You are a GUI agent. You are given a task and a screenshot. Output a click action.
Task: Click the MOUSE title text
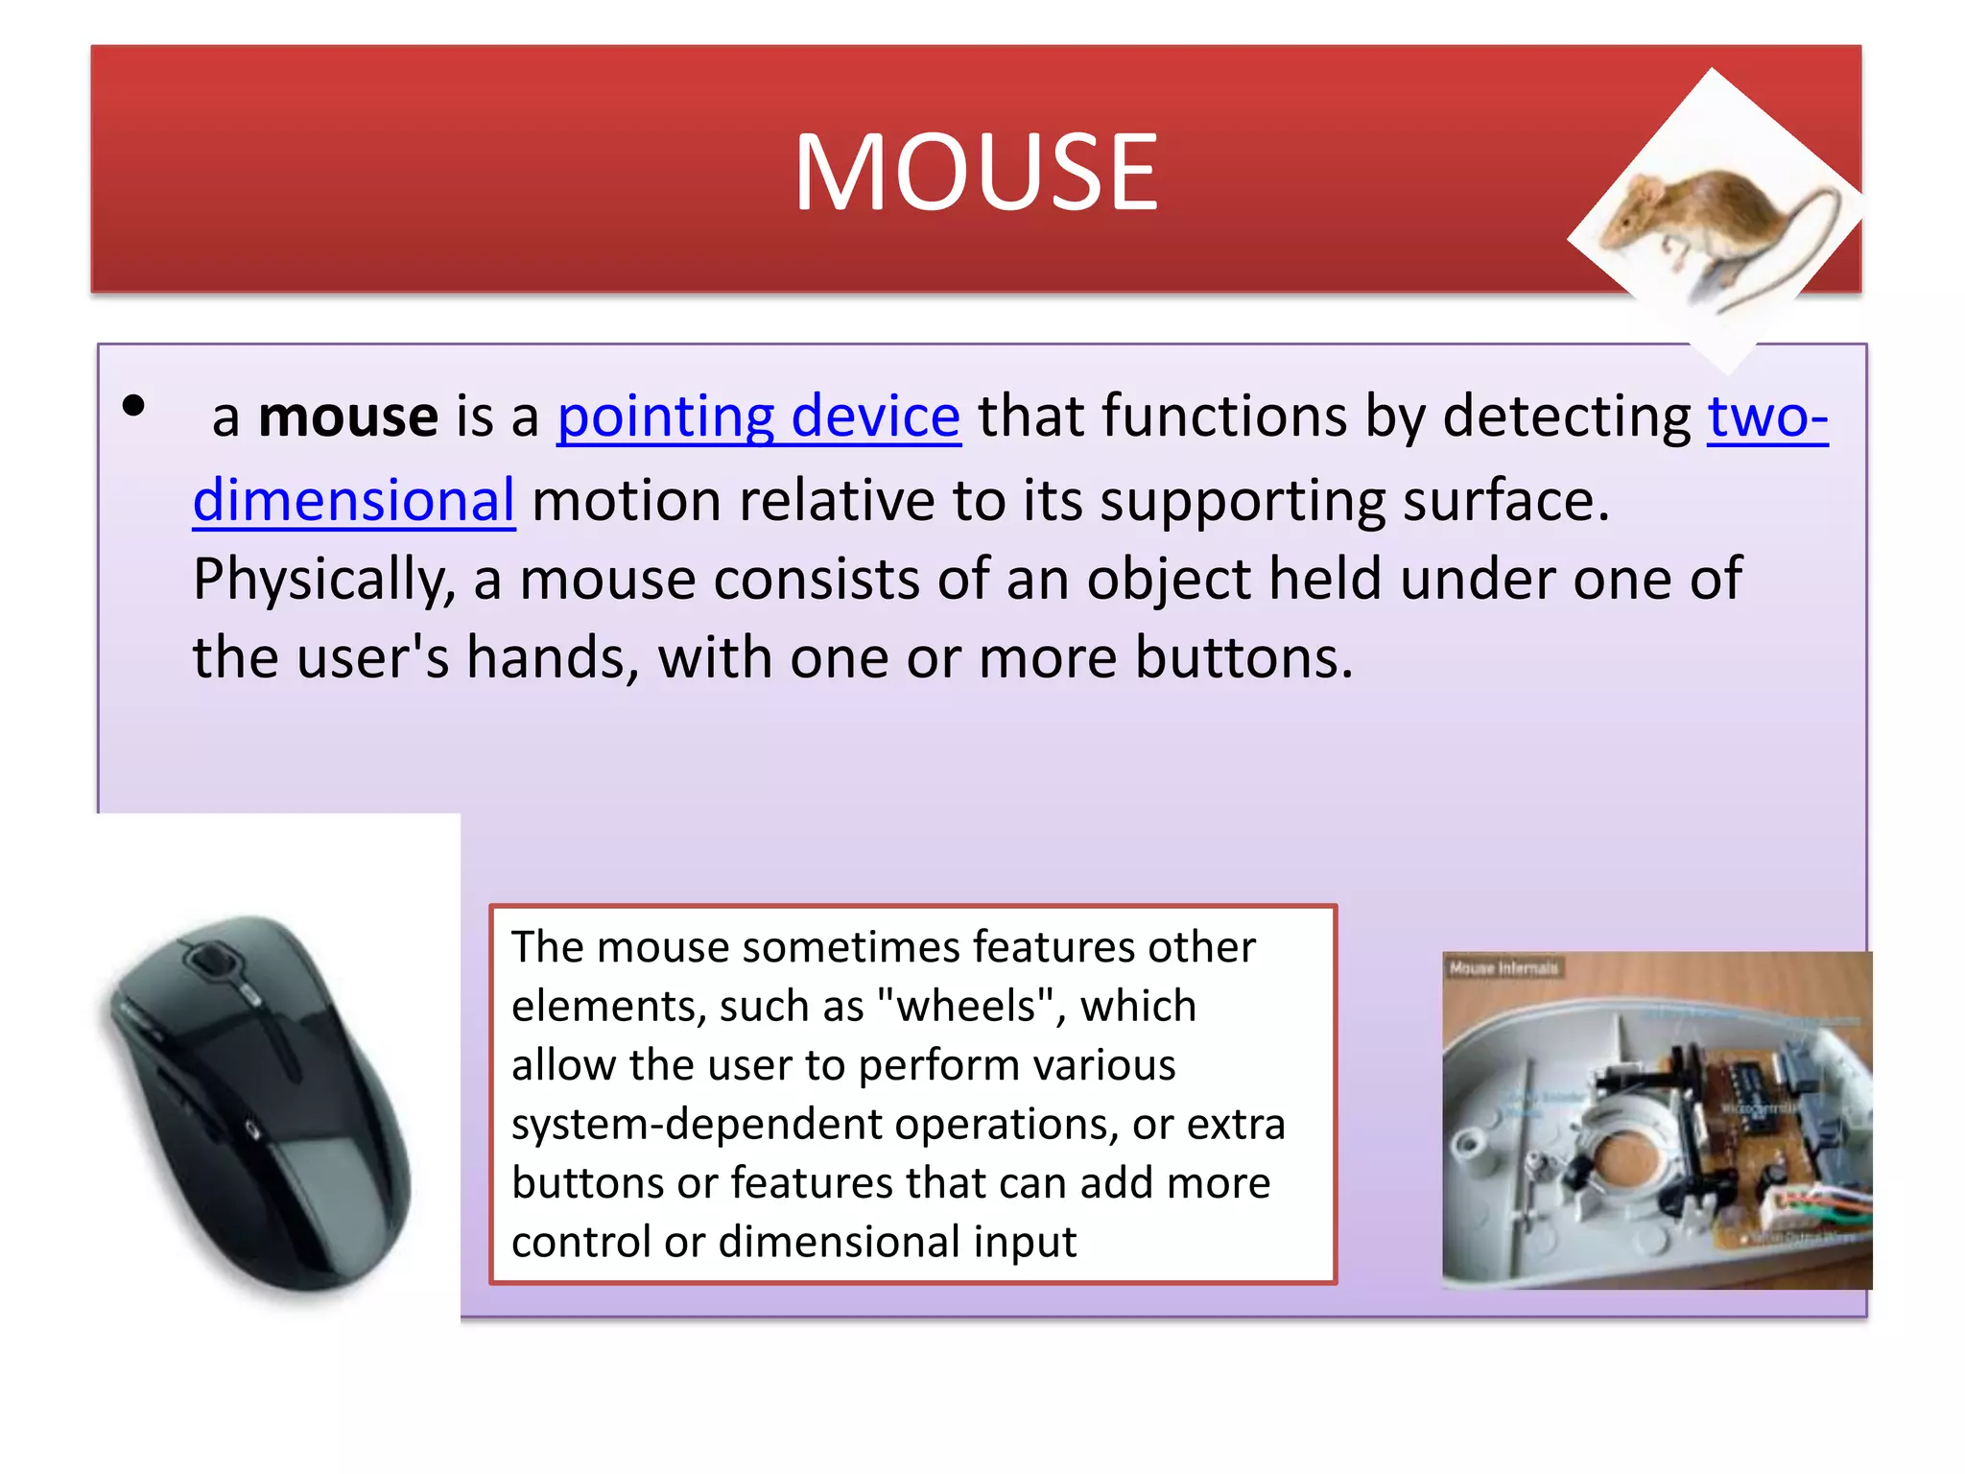(976, 173)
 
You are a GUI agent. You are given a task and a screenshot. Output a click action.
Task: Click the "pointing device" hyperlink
(758, 417)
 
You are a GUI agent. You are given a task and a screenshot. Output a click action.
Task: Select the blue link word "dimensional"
(354, 501)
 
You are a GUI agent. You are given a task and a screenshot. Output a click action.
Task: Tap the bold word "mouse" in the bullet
(348, 417)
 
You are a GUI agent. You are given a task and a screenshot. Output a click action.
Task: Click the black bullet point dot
(133, 406)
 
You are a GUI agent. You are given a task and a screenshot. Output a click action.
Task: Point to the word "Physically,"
(323, 580)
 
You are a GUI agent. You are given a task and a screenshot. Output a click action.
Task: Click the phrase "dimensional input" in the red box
(897, 1242)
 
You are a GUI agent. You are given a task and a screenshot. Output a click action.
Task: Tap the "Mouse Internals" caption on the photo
(1503, 968)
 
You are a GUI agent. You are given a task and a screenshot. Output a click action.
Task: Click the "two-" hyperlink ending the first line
(1767, 417)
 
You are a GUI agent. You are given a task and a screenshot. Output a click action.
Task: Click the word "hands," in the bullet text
(552, 658)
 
